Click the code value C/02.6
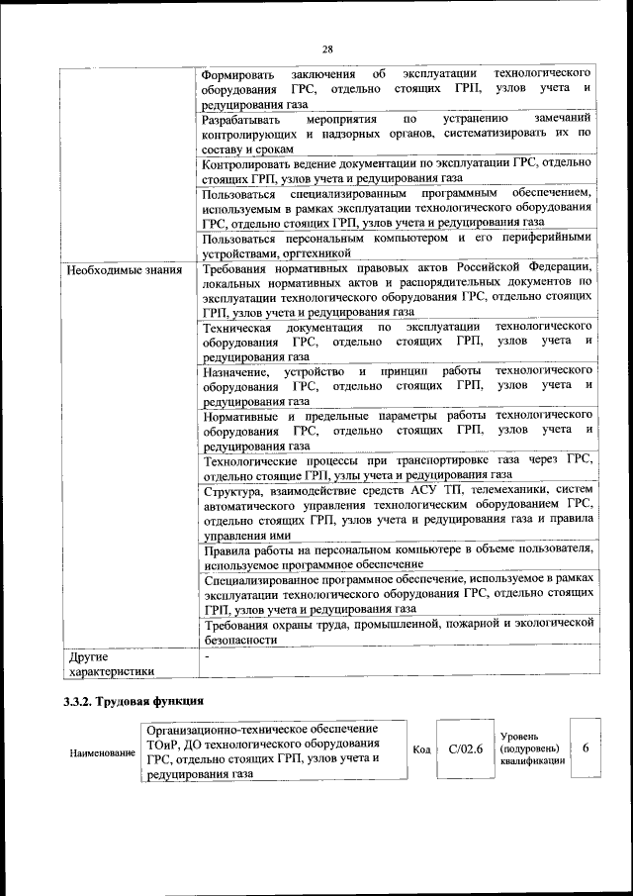point(465,750)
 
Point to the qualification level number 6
point(586,749)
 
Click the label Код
point(420,750)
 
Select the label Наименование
point(102,753)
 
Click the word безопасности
point(240,640)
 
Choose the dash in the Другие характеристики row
point(206,656)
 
